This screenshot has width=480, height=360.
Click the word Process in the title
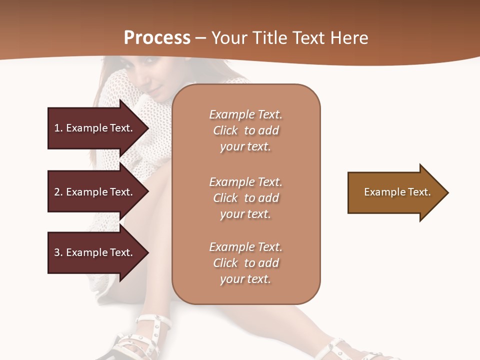click(x=157, y=38)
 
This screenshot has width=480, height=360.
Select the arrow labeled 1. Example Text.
click(x=95, y=128)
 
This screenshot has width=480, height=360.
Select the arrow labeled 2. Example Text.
click(x=95, y=192)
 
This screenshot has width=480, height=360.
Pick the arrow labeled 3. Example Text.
click(x=95, y=252)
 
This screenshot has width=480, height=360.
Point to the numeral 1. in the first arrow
click(x=58, y=128)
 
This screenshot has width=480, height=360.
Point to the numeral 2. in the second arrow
click(x=58, y=192)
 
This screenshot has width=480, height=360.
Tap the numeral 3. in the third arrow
click(x=58, y=252)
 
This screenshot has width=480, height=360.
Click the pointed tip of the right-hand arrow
click(x=446, y=192)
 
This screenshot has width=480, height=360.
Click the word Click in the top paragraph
click(x=225, y=130)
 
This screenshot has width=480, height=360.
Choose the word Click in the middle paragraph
click(x=225, y=198)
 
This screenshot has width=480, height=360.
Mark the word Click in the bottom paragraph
click(x=225, y=263)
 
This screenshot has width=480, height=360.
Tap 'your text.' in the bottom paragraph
click(x=245, y=279)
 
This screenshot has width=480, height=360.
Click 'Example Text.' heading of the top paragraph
click(x=245, y=114)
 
